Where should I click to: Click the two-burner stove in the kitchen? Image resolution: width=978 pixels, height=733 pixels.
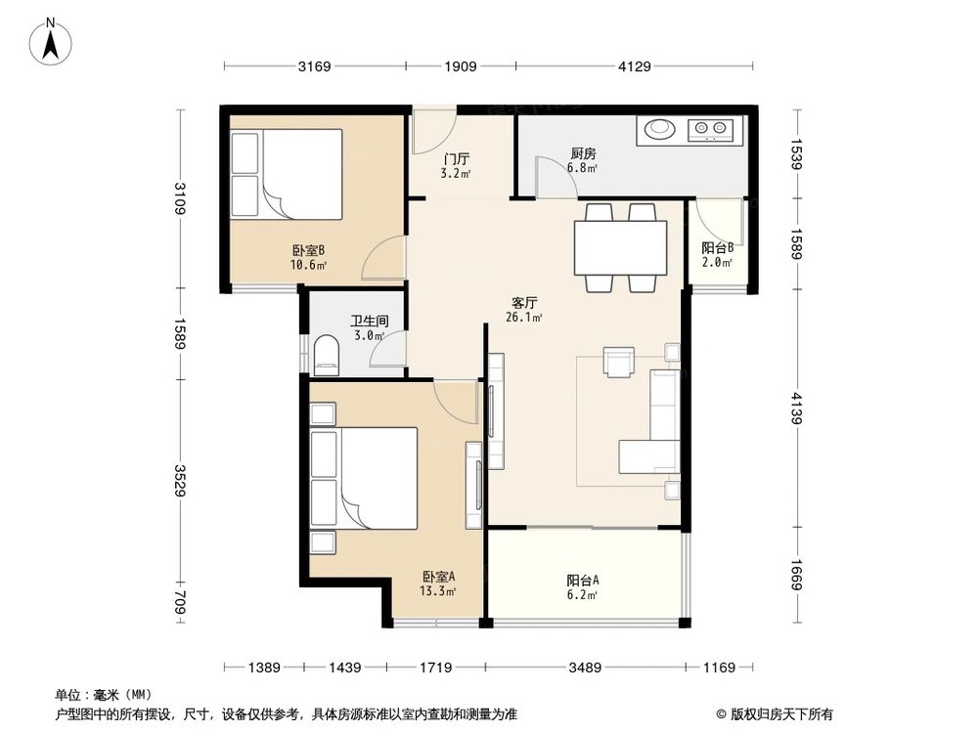[x=710, y=128]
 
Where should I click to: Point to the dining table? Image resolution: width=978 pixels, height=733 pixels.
[x=621, y=247]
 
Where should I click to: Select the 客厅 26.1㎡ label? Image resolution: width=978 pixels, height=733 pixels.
[x=524, y=309]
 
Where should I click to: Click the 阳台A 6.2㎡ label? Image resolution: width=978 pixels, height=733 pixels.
[x=583, y=585]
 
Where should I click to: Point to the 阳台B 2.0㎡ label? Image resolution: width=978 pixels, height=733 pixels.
[x=717, y=255]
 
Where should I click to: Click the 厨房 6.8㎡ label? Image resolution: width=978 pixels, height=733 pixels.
[x=583, y=160]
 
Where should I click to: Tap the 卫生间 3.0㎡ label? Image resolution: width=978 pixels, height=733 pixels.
[x=370, y=327]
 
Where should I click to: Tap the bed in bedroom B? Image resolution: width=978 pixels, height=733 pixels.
[x=286, y=174]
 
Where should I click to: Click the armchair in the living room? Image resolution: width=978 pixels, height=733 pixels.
[x=619, y=362]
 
